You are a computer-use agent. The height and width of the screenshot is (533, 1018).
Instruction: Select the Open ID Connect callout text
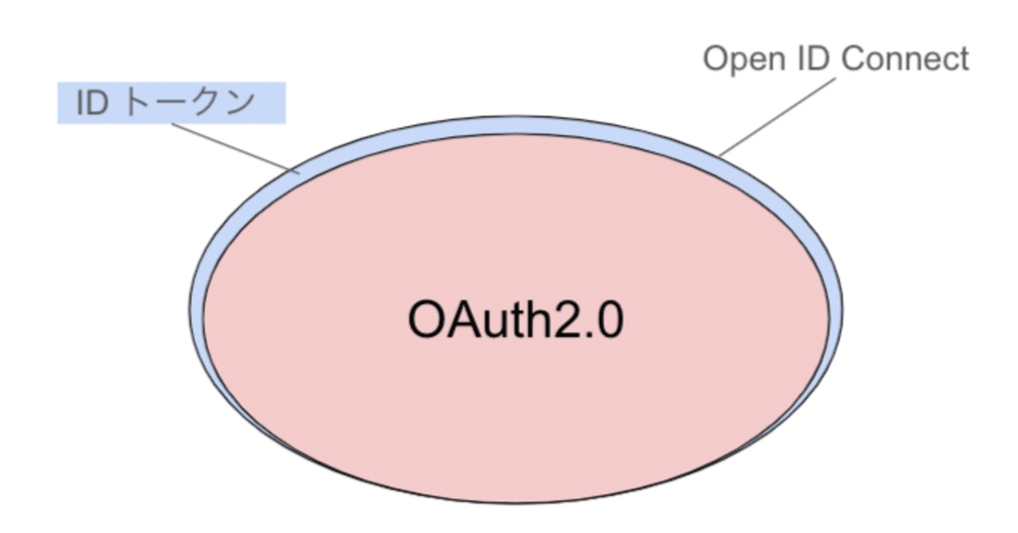coord(836,59)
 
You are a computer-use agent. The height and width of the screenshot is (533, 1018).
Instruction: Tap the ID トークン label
coord(170,103)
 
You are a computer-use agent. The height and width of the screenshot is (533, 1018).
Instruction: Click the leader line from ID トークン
coord(231,146)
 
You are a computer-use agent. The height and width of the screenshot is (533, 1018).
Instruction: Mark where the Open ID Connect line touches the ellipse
coord(720,154)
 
